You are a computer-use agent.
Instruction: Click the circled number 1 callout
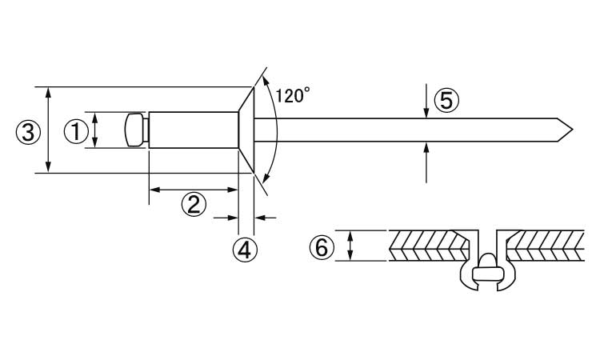(76, 131)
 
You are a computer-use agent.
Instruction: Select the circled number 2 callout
(194, 204)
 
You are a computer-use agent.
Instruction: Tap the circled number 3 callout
(28, 133)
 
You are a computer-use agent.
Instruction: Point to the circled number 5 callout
(446, 101)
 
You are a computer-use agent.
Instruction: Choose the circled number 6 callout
(322, 247)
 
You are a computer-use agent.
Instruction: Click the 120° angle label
(292, 96)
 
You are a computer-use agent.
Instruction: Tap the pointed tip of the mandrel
(573, 130)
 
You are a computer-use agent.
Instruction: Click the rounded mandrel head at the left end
(134, 130)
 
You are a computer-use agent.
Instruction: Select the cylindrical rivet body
(194, 130)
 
